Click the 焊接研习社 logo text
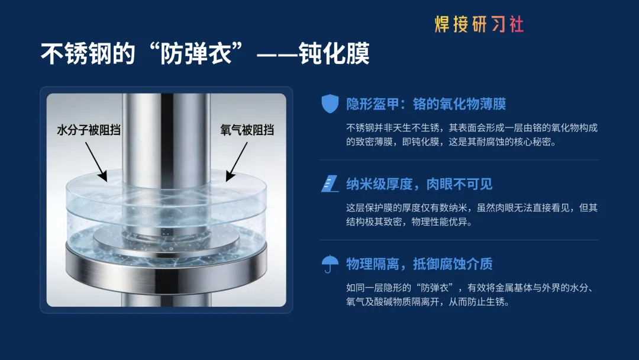coord(479,24)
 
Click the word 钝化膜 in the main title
coord(334,53)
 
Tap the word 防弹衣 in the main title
coord(196,53)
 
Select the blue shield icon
coord(330,104)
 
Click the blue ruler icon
coord(330,184)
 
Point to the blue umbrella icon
coord(330,263)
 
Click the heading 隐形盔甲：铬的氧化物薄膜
coord(426,104)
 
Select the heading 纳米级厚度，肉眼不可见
coord(419,184)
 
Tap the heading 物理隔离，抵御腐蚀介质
coord(419,264)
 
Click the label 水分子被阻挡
coord(89,130)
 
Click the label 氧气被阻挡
coord(247,130)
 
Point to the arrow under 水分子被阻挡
coord(96,162)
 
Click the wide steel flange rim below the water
coord(166,268)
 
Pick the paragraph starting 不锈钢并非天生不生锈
coord(472,135)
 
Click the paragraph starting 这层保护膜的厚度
coord(472,215)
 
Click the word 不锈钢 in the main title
coord(88,53)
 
